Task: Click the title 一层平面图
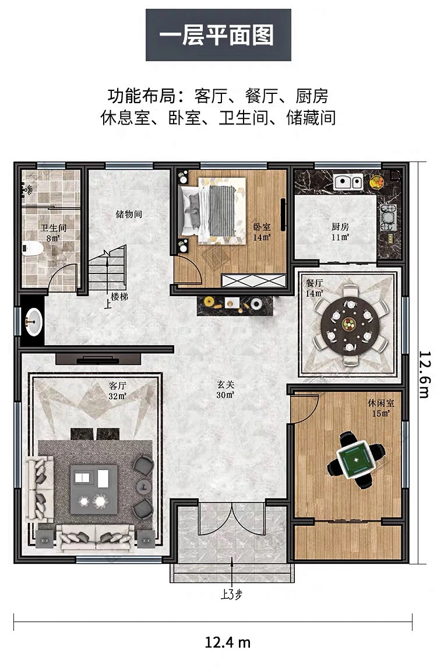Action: click(218, 35)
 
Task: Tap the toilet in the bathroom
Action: click(33, 248)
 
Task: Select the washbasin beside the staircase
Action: click(34, 321)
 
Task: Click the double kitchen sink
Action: click(348, 182)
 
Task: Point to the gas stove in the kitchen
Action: click(388, 217)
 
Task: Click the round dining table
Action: click(350, 326)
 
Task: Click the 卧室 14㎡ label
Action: click(262, 233)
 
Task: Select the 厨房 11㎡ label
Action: click(340, 232)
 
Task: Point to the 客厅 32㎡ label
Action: click(117, 391)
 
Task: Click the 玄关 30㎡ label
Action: click(225, 389)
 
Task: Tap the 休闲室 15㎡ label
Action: click(381, 408)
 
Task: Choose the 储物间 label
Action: click(129, 214)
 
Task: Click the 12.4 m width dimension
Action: click(227, 643)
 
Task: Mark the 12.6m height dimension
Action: click(425, 374)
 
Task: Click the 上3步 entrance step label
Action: click(232, 594)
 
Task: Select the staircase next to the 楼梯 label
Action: click(107, 268)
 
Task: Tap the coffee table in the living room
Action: click(94, 489)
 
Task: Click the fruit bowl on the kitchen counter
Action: click(376, 181)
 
